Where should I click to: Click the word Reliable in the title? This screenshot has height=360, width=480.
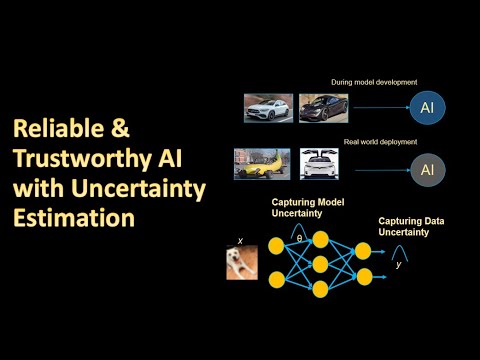click(x=51, y=129)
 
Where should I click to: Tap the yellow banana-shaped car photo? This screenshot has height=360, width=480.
click(x=261, y=165)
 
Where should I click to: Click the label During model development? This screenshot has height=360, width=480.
click(x=374, y=81)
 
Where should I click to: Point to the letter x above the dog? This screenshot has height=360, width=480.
click(x=240, y=240)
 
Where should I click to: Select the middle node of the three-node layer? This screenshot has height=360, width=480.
click(x=320, y=263)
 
